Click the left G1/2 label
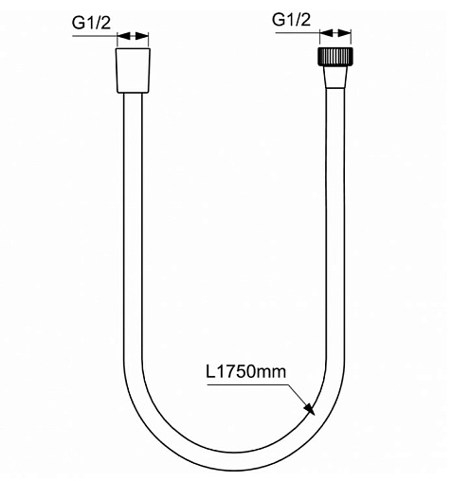(x=92, y=23)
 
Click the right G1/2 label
(x=291, y=20)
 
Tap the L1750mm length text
(x=245, y=371)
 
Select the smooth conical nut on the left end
(x=133, y=71)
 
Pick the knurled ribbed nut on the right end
(x=335, y=57)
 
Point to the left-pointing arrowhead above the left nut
(x=123, y=36)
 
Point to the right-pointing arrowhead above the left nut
(x=142, y=36)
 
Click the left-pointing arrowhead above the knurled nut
(x=326, y=32)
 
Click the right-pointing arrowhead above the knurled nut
(x=345, y=32)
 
